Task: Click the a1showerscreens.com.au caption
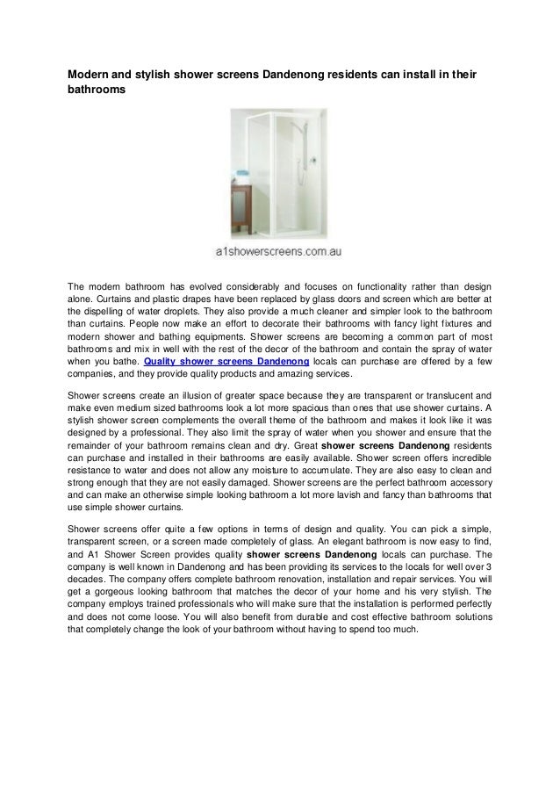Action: click(x=279, y=252)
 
